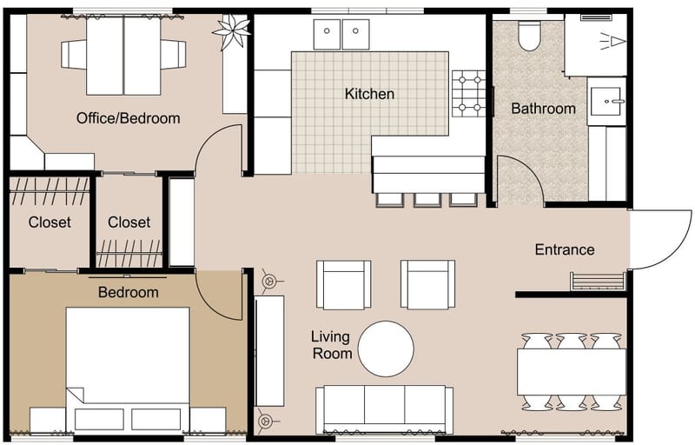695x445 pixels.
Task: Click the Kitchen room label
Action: point(369,94)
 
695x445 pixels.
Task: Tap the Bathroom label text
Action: point(543,109)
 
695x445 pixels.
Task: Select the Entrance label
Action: point(565,249)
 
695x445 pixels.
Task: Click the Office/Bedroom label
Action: point(128,118)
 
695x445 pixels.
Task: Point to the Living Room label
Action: point(332,344)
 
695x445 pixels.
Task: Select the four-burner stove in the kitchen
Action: point(469,93)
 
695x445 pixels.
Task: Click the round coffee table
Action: point(387,349)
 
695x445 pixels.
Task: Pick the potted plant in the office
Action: point(232,34)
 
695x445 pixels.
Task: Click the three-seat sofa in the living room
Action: point(384,408)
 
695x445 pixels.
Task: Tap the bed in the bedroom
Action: point(128,365)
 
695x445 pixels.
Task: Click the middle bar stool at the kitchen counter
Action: point(427,199)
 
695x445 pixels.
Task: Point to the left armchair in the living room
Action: point(343,284)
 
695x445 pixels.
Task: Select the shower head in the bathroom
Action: point(613,40)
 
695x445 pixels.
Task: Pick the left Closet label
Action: point(50,222)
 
